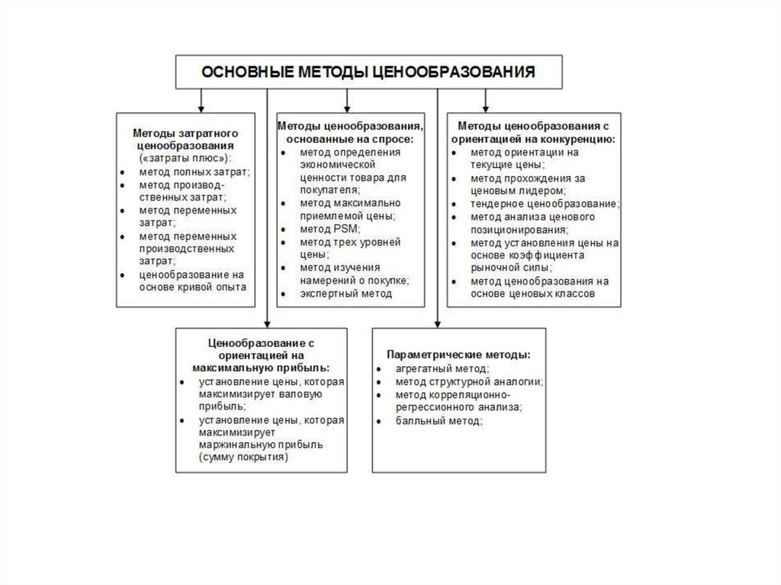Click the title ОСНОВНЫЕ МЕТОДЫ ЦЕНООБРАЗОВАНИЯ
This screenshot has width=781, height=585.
pyautogui.click(x=368, y=72)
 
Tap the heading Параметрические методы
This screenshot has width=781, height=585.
pyautogui.click(x=458, y=355)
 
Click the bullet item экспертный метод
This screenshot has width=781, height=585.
pyautogui.click(x=346, y=294)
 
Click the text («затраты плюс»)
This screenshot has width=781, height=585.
pyautogui.click(x=185, y=158)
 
